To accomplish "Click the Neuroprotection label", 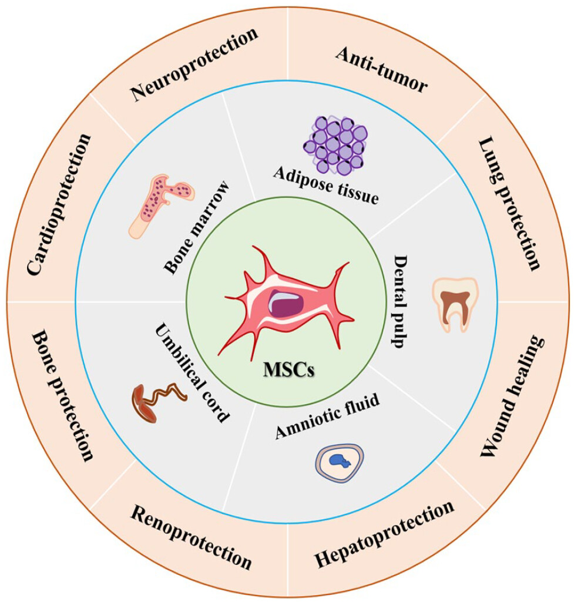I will point(194,65).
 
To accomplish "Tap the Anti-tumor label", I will point(381,69).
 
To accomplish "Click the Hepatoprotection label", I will point(384,535).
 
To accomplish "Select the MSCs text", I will point(288,371).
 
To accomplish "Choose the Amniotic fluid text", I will point(327,418).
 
